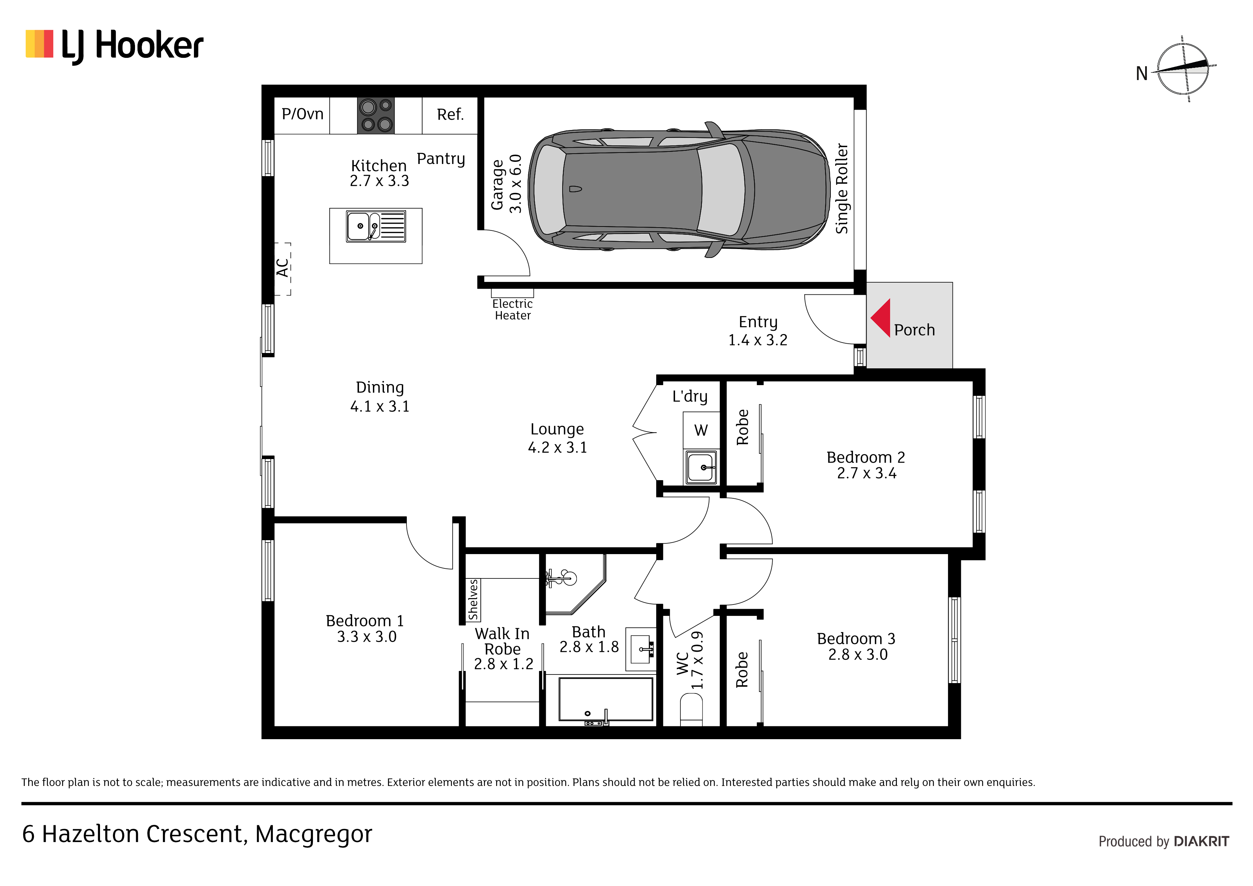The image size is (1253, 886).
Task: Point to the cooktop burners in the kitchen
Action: [376, 115]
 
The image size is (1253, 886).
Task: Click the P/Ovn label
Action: [302, 114]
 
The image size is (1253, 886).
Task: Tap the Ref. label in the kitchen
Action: [450, 115]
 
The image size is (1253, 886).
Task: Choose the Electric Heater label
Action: [513, 309]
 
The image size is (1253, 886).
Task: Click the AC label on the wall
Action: [282, 268]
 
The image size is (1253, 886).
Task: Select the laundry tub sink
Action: [701, 467]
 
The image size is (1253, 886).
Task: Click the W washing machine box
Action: [701, 431]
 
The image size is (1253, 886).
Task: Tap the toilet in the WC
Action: [692, 709]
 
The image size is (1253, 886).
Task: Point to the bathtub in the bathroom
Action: [606, 700]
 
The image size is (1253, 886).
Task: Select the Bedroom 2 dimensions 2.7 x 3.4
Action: [867, 473]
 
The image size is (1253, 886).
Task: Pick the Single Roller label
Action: [842, 189]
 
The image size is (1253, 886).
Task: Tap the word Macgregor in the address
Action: [314, 835]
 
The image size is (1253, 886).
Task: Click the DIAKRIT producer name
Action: [1202, 842]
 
